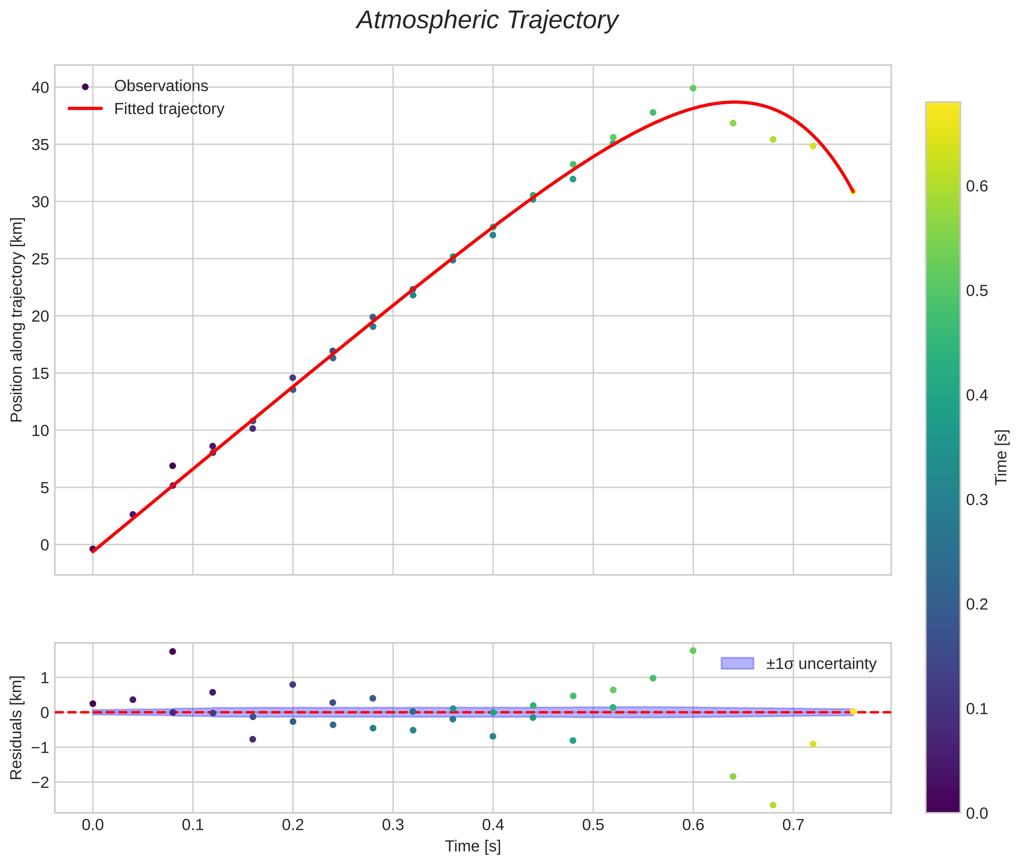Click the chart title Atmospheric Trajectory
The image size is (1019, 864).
487,20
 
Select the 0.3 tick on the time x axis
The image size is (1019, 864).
393,825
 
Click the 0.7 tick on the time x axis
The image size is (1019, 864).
793,825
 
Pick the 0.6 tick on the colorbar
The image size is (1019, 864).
976,186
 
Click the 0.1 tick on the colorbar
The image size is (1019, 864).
976,709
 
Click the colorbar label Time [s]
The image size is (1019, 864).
1001,457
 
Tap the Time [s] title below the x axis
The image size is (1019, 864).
473,846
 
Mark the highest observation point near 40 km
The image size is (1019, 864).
693,88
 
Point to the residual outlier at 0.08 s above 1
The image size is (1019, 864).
172,651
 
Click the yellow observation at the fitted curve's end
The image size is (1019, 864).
853,191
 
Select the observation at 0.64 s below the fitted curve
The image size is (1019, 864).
733,123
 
